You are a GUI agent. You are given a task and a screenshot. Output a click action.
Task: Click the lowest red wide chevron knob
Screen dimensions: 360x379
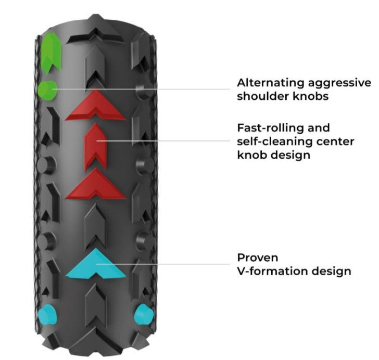click(96, 185)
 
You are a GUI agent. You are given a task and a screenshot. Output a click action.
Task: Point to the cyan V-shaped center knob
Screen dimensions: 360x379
click(96, 264)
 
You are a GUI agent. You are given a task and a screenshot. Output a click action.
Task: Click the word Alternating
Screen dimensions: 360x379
click(268, 83)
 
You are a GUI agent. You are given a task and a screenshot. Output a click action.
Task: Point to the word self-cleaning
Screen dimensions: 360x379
click(271, 142)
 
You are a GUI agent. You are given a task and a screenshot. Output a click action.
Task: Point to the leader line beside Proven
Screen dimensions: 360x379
click(172, 264)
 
